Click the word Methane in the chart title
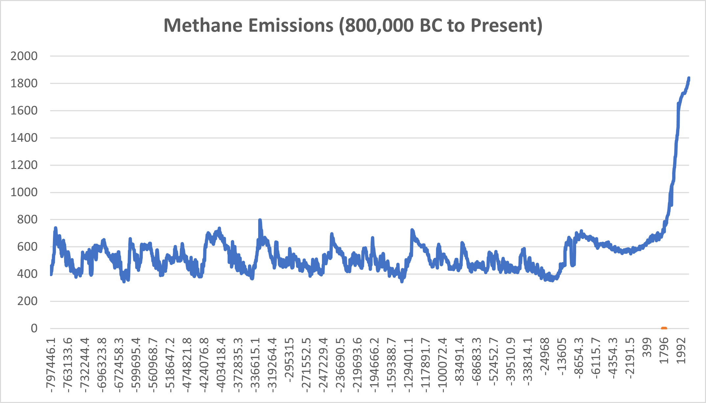203,25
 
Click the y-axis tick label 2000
24,56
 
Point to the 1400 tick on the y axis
24,138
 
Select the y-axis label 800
27,219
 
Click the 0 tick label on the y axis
34,328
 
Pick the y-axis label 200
27,301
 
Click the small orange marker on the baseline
664,328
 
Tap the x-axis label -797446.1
51,365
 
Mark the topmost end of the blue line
689,78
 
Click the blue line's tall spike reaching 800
260,221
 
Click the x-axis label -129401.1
409,365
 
